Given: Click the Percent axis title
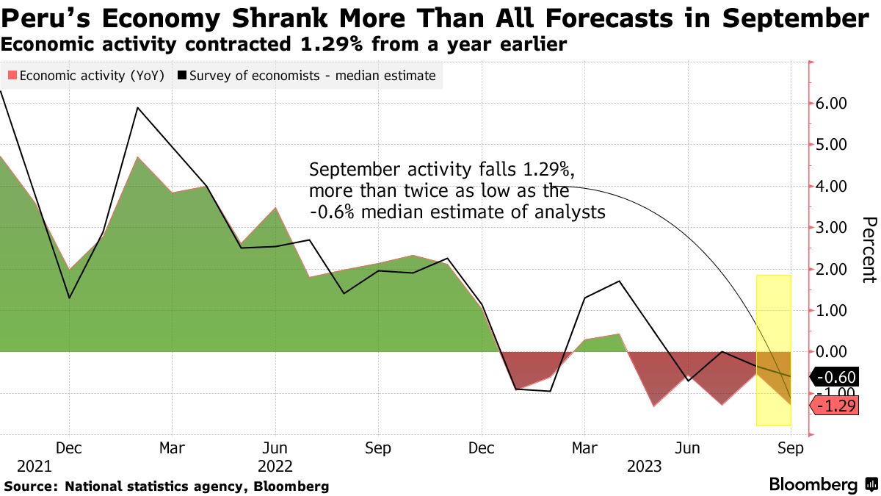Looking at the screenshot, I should coord(869,249).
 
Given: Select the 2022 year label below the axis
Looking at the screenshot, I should coord(275,466).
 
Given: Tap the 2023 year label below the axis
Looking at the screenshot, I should coord(643,466).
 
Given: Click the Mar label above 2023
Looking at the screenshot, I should coord(584,448).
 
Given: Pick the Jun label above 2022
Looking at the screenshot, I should coord(275,448).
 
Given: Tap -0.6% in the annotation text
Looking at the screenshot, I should coord(333,213).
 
